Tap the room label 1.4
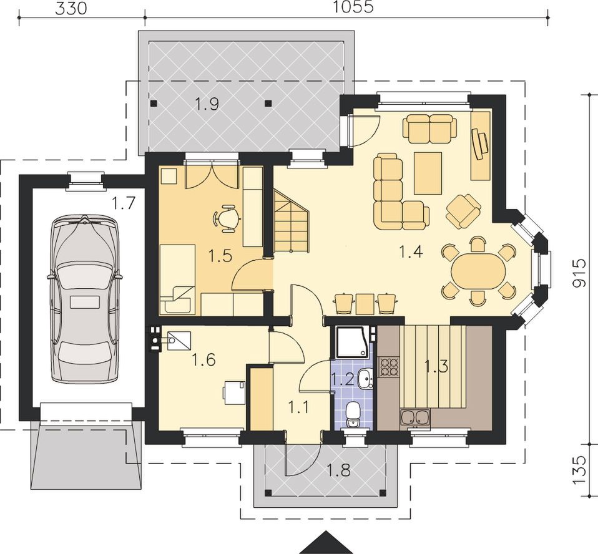coord(410,251)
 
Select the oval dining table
coord(478,271)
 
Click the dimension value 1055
coord(353,7)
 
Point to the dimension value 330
coord(71,8)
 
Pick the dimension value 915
coord(579,273)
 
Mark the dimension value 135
coord(579,470)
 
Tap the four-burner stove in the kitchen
coord(389,367)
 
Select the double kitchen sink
coord(415,418)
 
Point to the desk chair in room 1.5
coord(227,218)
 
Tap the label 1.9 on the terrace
coord(207,104)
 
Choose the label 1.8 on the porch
coord(339,470)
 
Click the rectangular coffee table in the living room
coord(428,173)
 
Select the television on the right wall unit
coord(480,143)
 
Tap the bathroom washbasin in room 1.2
coord(366,379)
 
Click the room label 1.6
coord(203,359)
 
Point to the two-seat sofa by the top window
coord(430,128)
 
